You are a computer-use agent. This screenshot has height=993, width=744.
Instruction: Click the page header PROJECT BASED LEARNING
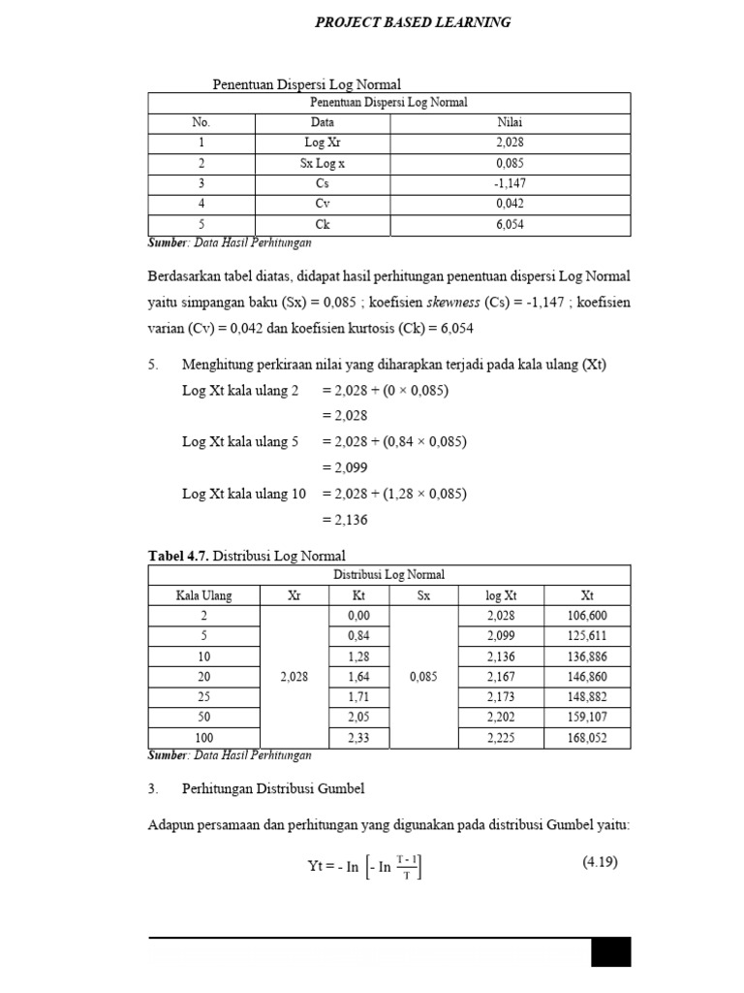tap(413, 22)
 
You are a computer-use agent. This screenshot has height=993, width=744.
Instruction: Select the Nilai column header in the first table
tap(510, 122)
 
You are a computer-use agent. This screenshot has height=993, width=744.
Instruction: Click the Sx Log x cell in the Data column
tap(322, 164)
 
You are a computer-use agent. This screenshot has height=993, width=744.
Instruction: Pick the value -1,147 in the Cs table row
tap(510, 184)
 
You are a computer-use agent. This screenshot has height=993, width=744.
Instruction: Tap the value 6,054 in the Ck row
tap(510, 225)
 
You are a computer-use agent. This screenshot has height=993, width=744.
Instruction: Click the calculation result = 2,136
tap(344, 519)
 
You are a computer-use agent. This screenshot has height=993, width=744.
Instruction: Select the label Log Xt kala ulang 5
tap(240, 441)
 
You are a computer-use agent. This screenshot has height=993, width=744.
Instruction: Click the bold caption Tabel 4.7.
tap(178, 556)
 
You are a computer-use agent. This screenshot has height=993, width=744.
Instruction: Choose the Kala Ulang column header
tap(203, 595)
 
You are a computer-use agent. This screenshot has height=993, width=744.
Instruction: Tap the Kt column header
tap(358, 595)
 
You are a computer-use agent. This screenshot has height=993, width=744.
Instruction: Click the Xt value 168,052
tap(587, 738)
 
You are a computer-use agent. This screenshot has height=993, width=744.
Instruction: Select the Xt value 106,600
tap(587, 616)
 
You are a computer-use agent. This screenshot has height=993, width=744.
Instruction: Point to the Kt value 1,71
tap(358, 697)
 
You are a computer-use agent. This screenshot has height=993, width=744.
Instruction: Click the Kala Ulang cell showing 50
tap(203, 718)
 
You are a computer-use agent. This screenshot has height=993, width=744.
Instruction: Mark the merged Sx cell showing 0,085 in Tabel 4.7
tap(423, 677)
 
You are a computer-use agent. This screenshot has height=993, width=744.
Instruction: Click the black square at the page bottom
tap(610, 952)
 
